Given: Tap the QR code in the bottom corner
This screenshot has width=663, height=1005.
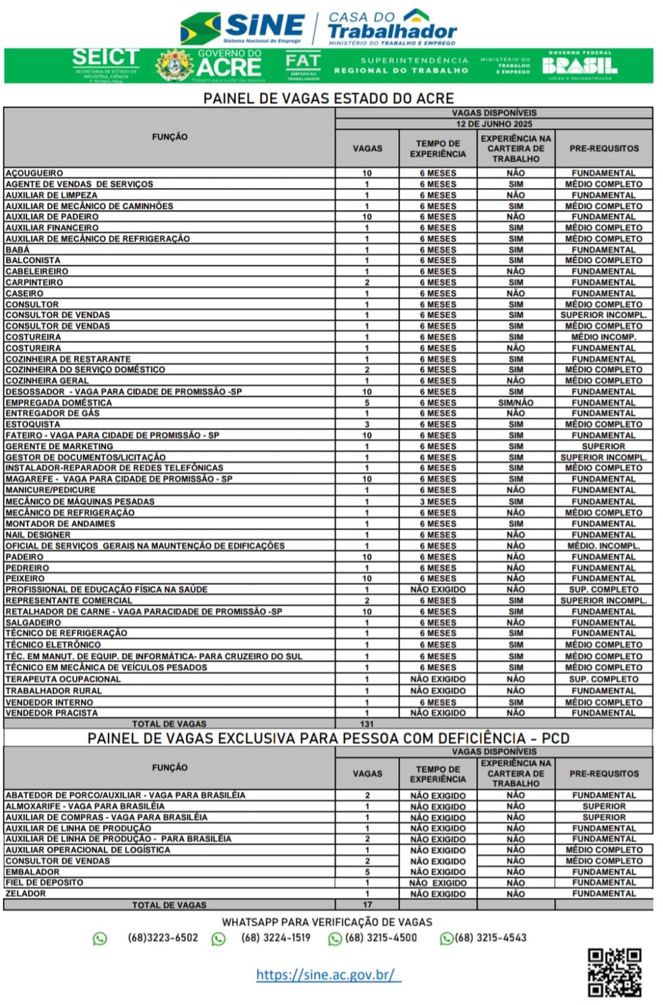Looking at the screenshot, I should [614, 972].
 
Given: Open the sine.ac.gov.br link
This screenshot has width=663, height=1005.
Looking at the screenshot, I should [327, 975].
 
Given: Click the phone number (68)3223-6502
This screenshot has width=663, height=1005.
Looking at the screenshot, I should [163, 938].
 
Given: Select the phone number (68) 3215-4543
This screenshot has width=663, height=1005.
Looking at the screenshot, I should [490, 938].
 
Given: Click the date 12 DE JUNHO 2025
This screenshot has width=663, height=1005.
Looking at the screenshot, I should [494, 124].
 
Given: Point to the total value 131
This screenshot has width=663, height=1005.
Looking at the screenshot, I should [367, 724].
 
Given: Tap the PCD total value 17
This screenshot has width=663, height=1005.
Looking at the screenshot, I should [367, 905].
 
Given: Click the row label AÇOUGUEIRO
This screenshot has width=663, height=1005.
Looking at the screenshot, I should [34, 173].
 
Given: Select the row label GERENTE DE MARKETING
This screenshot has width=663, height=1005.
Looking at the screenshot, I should [59, 446].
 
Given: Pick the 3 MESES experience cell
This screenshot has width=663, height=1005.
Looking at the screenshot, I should [438, 501].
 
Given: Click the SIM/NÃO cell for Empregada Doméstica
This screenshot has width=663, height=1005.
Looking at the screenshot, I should [515, 403].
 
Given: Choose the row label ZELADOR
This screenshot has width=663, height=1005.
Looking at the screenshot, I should [26, 894].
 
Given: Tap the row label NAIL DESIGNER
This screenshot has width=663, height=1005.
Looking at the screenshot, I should [38, 535].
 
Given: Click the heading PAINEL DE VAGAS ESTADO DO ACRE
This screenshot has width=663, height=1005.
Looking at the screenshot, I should [328, 98].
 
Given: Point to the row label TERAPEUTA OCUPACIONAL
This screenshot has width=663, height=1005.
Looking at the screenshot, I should [63, 679].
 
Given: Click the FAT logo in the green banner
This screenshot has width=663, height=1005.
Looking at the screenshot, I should [303, 65].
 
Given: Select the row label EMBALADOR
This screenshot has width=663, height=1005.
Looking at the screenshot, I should [32, 872].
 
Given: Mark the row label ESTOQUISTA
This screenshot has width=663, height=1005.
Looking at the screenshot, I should [32, 425].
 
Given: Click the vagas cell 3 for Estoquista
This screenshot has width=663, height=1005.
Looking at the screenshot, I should [367, 425].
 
